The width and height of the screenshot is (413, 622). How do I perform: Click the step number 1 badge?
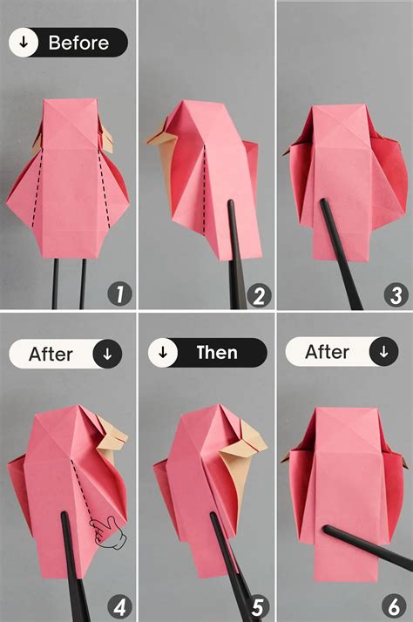[119, 294]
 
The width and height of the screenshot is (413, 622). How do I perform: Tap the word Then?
[216, 353]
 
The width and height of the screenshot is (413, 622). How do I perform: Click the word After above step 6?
[327, 352]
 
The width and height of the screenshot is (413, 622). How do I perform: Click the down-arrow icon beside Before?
[24, 42]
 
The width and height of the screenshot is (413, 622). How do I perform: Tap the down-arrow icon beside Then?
[163, 353]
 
